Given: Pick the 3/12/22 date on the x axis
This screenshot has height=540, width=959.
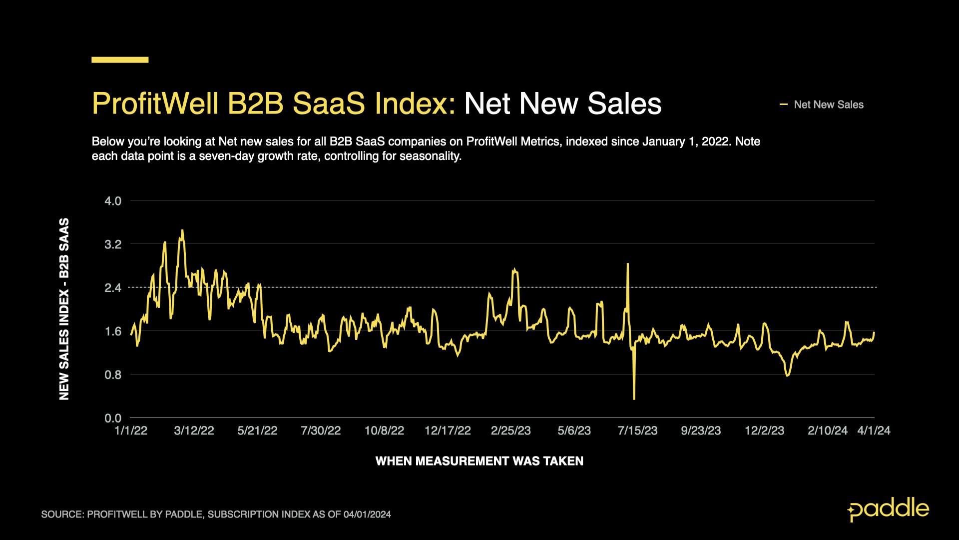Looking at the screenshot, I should (x=194, y=431).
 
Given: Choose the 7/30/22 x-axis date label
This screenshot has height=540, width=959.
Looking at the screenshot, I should (x=321, y=431).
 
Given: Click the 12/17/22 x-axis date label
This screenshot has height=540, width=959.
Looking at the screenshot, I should (x=448, y=431).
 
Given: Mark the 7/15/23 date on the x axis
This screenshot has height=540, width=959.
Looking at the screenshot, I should (x=637, y=431).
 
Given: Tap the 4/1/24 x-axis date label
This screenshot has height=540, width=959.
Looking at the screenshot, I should (x=874, y=431).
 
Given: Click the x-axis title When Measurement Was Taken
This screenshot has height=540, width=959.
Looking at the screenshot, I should (x=479, y=461).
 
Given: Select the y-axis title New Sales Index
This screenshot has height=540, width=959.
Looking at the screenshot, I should (x=64, y=309).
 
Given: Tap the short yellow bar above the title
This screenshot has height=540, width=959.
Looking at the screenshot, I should (x=120, y=60).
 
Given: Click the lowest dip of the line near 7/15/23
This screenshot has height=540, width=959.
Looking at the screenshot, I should (x=634, y=398).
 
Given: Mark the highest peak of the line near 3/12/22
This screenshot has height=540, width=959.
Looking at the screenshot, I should (x=182, y=230).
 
